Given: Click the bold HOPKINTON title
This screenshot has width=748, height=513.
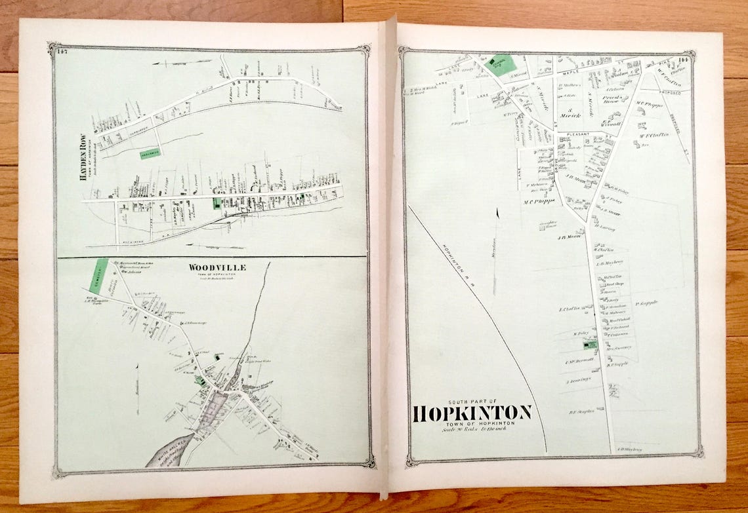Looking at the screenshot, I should (472, 413).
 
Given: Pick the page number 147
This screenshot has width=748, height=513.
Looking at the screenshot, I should (63, 52).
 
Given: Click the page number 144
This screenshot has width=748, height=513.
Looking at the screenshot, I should (686, 60).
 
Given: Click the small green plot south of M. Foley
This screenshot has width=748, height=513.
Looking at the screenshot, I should (589, 345).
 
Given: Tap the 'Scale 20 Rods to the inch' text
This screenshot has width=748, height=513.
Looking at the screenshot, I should (472, 430).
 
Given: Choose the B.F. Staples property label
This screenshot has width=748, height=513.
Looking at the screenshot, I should (581, 411).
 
